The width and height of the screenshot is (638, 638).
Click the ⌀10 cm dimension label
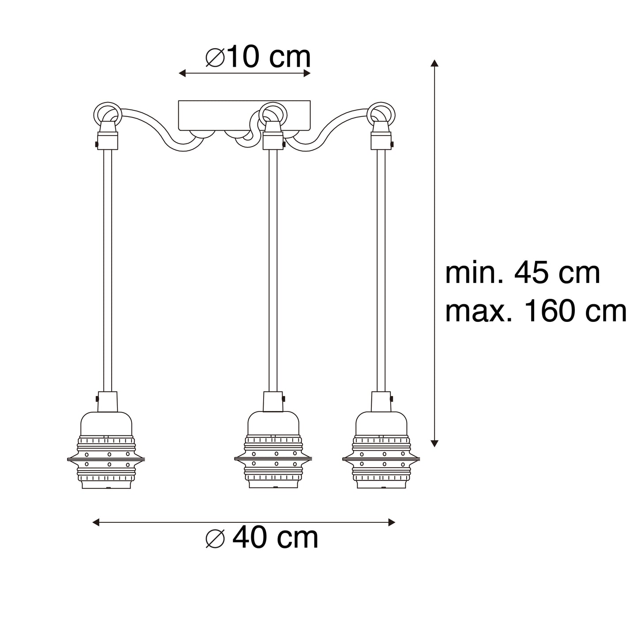(258, 57)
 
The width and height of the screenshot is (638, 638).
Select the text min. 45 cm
(522, 273)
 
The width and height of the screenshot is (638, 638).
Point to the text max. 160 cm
(536, 311)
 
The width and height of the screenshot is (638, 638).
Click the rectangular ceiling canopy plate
(244, 115)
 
